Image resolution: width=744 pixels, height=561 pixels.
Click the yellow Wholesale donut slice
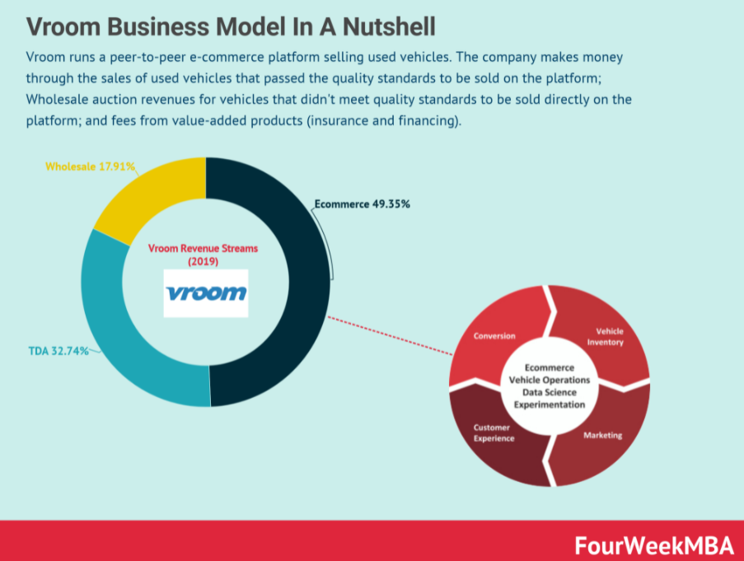pos(152,194)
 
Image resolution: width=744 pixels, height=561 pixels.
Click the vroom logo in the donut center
pos(205,292)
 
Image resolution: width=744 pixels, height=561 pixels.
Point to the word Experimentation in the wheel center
pos(550,404)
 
